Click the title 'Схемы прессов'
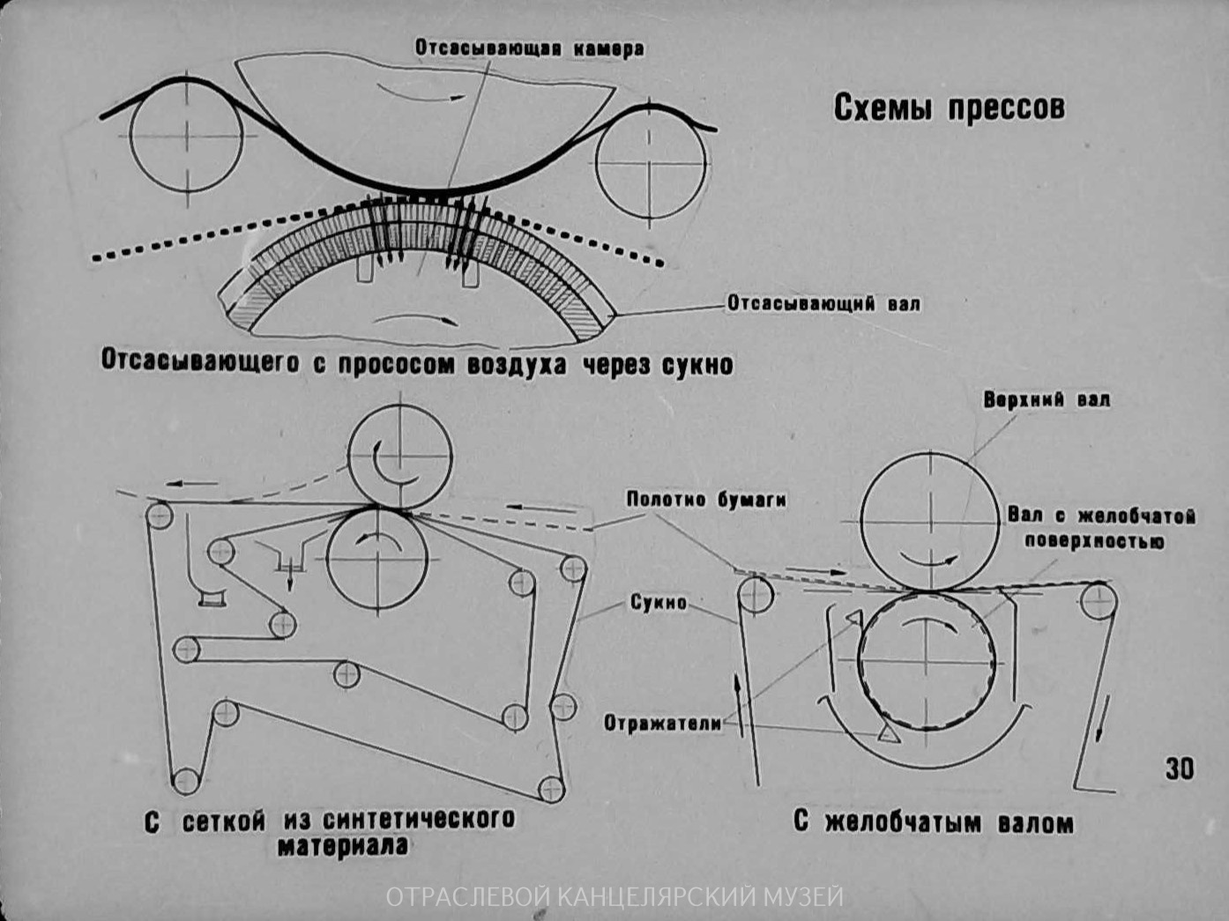pos(949,108)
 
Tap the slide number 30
pos(1179,769)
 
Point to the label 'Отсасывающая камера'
pos(529,49)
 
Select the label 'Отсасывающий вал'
pos(823,304)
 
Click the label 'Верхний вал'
pos(1047,400)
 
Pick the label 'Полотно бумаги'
pos(706,500)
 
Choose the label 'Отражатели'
pos(662,724)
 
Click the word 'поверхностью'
pos(1093,541)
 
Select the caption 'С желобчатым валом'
pos(933,823)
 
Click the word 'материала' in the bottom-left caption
pos(343,847)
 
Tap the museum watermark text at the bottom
pos(614,897)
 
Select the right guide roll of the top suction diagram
pos(651,163)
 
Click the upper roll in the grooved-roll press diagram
pos(929,521)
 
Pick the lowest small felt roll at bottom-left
pos(186,781)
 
